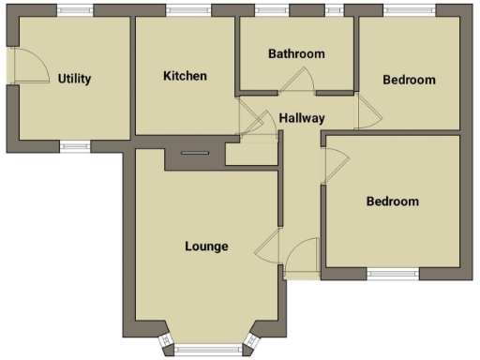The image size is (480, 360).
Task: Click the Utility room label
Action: [x=74, y=79]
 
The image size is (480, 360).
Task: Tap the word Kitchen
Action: [x=185, y=76]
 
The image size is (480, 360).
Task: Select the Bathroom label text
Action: [x=296, y=53]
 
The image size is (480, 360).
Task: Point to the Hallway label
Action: [x=302, y=118]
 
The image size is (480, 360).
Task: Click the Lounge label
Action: [x=206, y=247]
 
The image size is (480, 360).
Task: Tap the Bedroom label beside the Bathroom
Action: [x=409, y=80]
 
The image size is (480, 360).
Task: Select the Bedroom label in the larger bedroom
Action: [x=392, y=202]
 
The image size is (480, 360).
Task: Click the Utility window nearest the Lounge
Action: [x=74, y=145]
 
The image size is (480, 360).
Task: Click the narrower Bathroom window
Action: [x=334, y=10]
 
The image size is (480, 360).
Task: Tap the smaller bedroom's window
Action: [x=409, y=10]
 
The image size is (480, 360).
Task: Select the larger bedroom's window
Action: [x=392, y=274]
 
